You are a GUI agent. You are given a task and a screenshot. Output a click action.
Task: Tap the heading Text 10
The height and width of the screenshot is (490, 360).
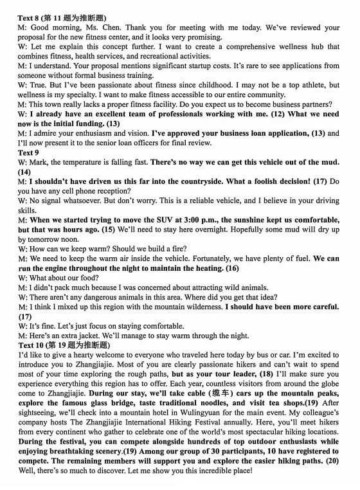click(32, 345)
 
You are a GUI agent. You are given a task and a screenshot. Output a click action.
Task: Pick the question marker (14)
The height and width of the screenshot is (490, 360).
click(24, 172)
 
